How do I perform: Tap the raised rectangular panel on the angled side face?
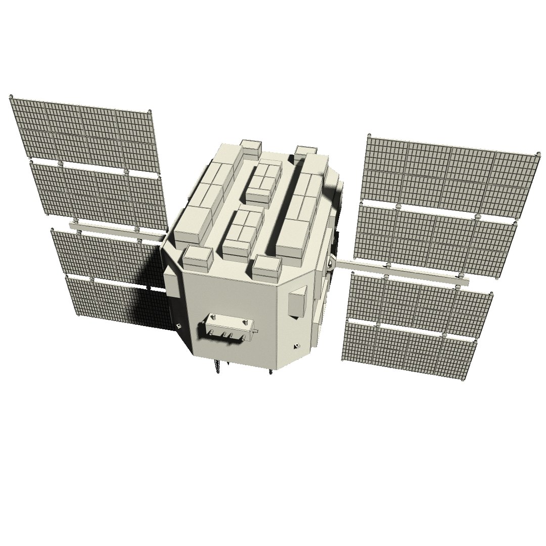[297, 302]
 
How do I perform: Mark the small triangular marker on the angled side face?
[295, 347]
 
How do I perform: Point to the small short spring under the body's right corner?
[271, 373]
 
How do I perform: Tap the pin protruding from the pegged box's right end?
[257, 331]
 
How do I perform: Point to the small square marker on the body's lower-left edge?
[178, 325]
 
